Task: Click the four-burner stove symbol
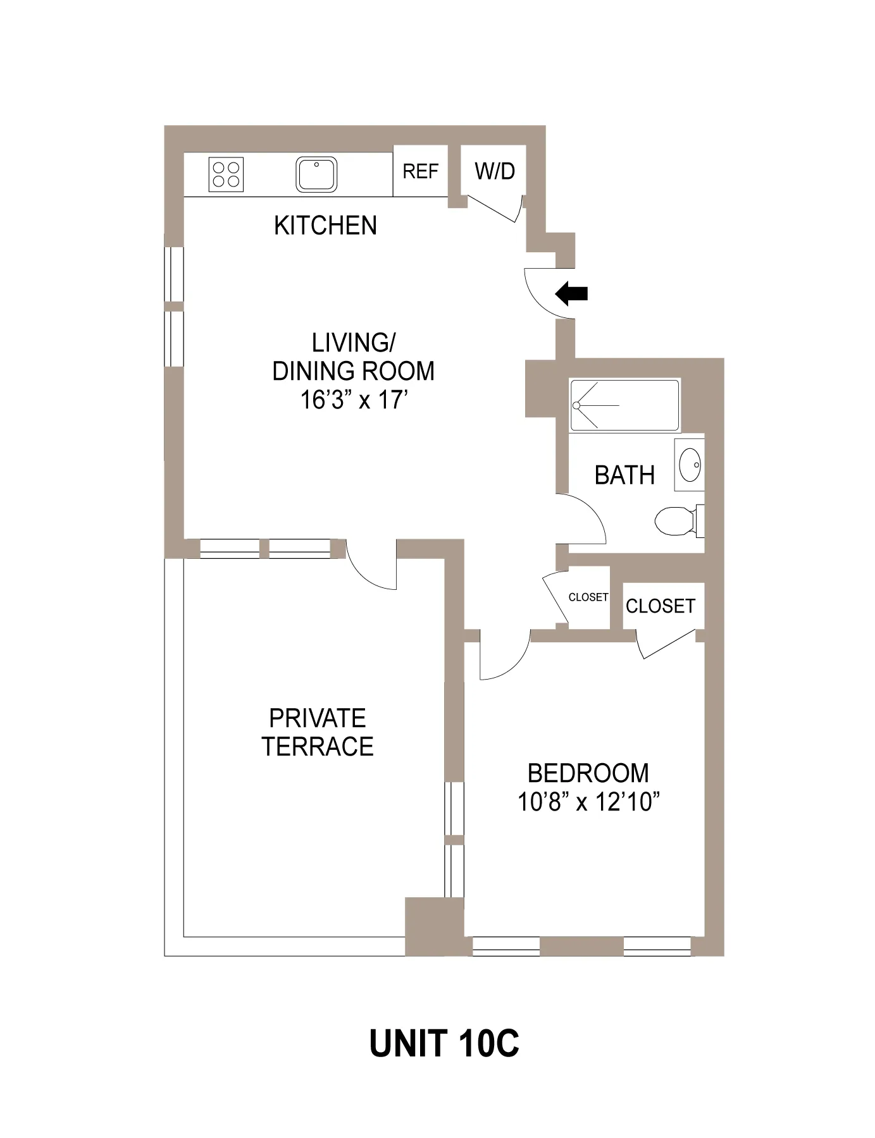[226, 174]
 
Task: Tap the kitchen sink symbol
[316, 174]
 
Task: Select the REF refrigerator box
[421, 171]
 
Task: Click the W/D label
[495, 171]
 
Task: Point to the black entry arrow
[572, 293]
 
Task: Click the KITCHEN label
[325, 226]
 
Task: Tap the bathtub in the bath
[624, 405]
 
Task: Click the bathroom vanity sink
[690, 465]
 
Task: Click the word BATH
[624, 475]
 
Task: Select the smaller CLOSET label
[588, 597]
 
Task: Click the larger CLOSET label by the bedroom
[660, 606]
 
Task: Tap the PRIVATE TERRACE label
[318, 732]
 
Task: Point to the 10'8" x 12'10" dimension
[588, 802]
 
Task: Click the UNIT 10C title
[444, 1044]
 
